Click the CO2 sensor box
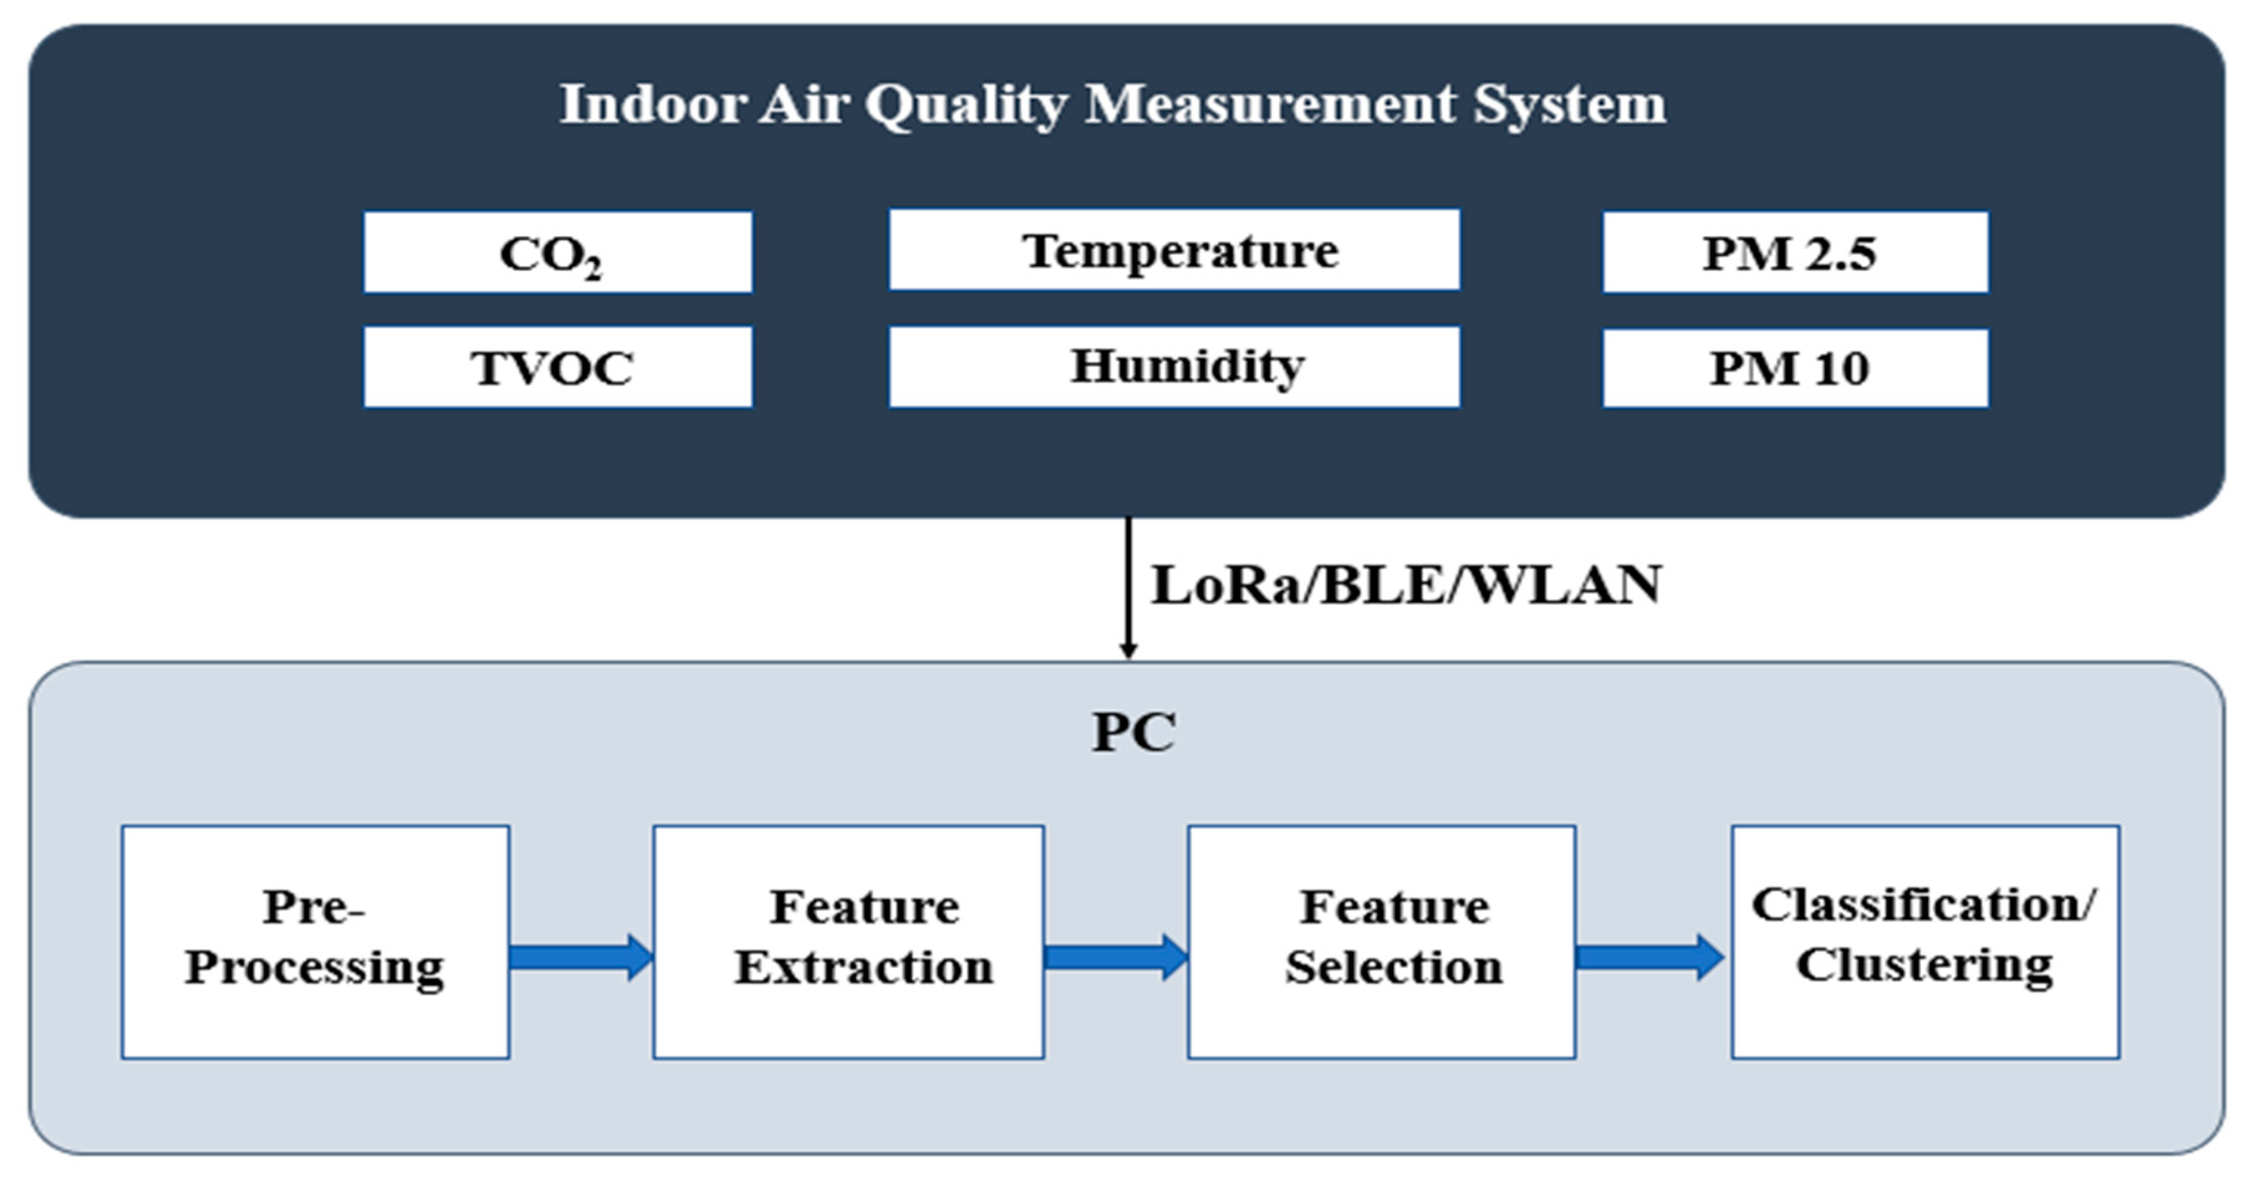pos(558,252)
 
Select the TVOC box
pos(558,367)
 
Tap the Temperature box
pos(1174,250)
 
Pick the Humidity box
pos(1174,367)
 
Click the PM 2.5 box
pos(1795,252)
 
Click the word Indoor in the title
pos(651,104)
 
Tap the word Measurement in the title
pos(1270,104)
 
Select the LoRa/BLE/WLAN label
pos(1406,585)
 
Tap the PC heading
pos(1133,732)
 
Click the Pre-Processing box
pos(315,942)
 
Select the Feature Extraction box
pos(848,942)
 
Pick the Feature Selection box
pos(1381,942)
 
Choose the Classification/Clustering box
pos(1925,942)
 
